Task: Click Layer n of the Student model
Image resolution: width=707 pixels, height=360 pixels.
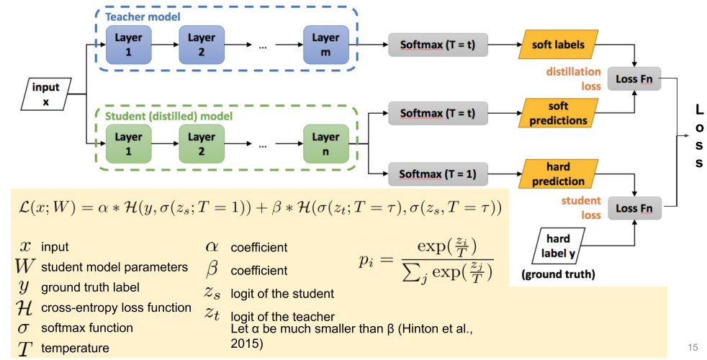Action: pyautogui.click(x=326, y=143)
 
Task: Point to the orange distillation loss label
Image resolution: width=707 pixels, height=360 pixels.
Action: pyautogui.click(x=573, y=78)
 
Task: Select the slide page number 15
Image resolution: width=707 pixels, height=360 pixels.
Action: pyautogui.click(x=693, y=347)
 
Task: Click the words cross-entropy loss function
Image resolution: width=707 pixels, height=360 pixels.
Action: pyautogui.click(x=116, y=307)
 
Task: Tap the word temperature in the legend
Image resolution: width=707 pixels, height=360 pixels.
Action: pyautogui.click(x=76, y=348)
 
